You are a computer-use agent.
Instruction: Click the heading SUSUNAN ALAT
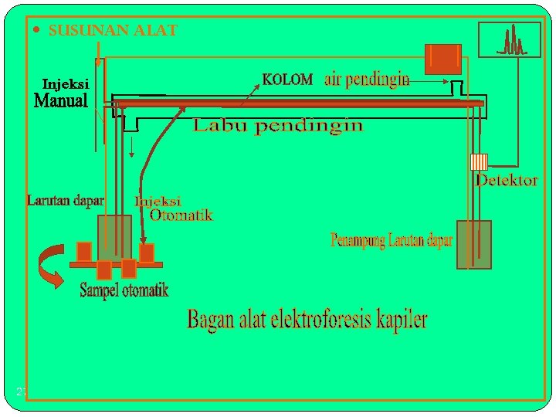click(x=113, y=31)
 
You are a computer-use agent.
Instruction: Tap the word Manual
click(x=62, y=101)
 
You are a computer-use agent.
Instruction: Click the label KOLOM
click(x=287, y=79)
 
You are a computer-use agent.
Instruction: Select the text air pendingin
click(x=367, y=80)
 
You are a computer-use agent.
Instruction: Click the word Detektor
click(x=507, y=181)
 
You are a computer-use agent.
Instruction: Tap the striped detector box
click(x=480, y=161)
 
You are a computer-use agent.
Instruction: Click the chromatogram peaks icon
click(x=511, y=40)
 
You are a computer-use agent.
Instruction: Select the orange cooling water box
click(x=443, y=59)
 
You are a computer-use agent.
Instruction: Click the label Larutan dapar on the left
click(x=66, y=201)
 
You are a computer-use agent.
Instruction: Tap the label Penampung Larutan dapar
click(x=392, y=241)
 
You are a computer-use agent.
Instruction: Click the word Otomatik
click(x=181, y=215)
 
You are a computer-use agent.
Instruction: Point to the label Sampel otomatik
click(x=124, y=291)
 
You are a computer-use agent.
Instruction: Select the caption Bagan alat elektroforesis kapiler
click(x=307, y=320)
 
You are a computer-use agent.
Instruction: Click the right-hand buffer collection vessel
click(x=473, y=245)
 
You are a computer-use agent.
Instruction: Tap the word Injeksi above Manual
click(x=66, y=83)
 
